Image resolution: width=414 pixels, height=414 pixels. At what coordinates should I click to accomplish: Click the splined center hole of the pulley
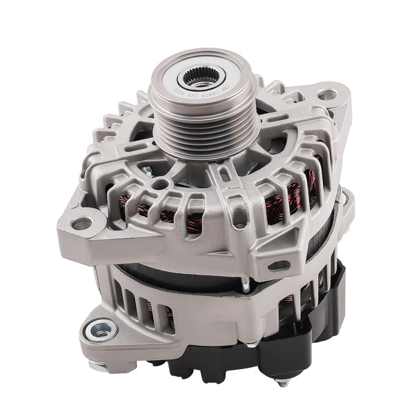[201, 77]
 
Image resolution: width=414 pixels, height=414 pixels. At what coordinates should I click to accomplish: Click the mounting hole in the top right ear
[327, 95]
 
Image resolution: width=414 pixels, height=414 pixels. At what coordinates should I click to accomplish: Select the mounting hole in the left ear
[81, 223]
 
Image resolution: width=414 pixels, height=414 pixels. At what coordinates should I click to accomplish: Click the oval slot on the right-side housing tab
[277, 265]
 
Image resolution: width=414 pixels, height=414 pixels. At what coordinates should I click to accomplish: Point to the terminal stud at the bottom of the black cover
[280, 381]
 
